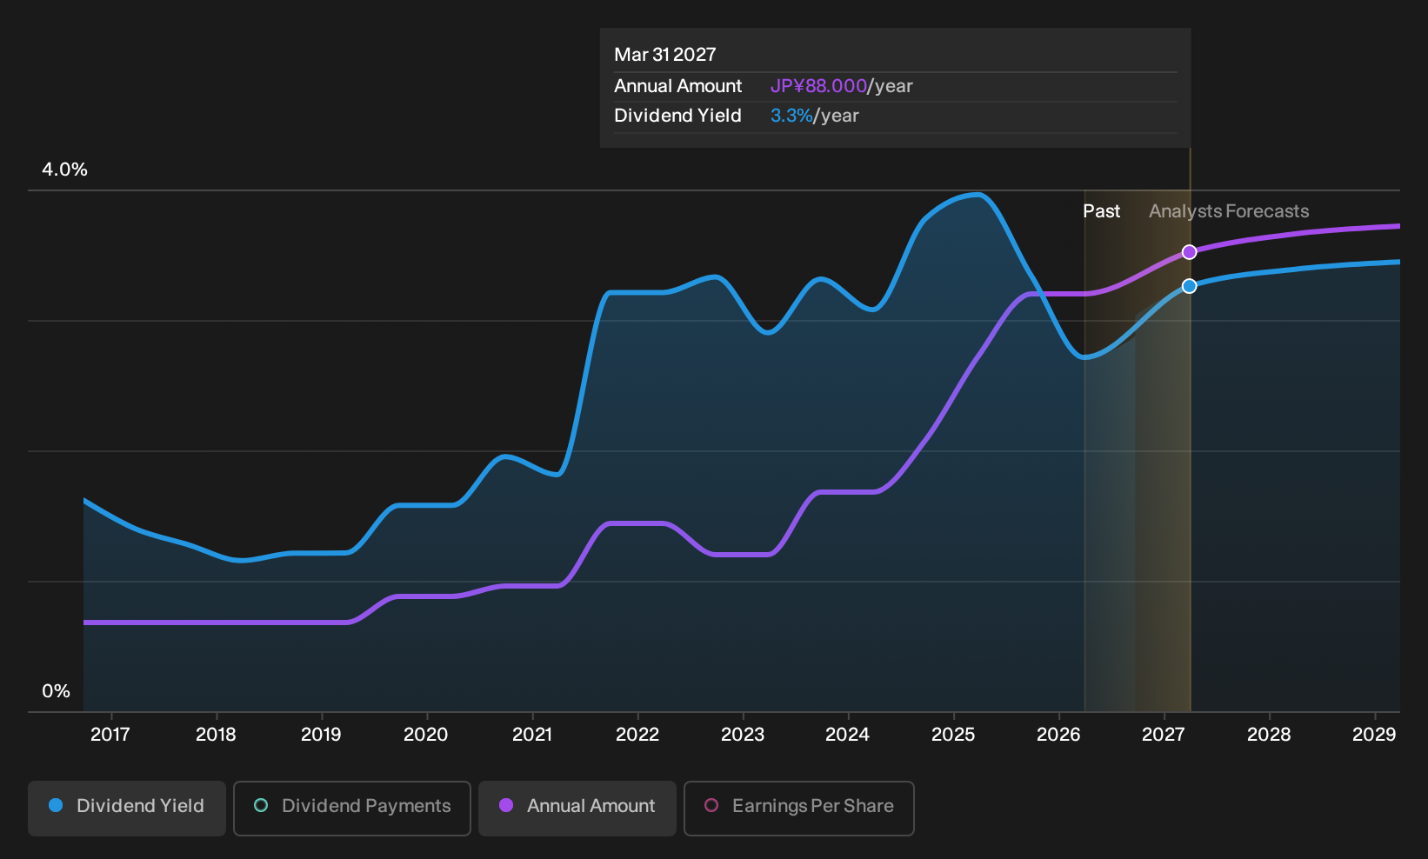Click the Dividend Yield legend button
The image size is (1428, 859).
click(x=127, y=808)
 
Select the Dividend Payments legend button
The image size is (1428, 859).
click(x=352, y=808)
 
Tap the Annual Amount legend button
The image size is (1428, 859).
click(x=577, y=808)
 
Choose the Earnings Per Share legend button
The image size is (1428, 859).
click(x=798, y=808)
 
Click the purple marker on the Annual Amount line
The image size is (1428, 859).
click(x=1189, y=252)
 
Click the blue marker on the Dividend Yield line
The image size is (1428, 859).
click(x=1189, y=286)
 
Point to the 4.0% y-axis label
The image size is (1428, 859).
click(x=64, y=170)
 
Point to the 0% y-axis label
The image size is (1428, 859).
click(x=57, y=691)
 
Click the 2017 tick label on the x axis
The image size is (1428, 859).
click(x=110, y=734)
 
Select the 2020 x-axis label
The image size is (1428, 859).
click(x=426, y=734)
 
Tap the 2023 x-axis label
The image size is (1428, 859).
click(x=743, y=734)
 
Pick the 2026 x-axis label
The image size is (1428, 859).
click(x=1058, y=734)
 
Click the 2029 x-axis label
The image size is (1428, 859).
click(x=1374, y=734)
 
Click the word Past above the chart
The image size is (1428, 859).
click(x=1102, y=211)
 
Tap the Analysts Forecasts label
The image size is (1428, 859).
click(x=1229, y=211)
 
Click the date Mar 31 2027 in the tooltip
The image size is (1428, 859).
click(x=665, y=55)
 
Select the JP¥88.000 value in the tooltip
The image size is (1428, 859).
click(x=818, y=86)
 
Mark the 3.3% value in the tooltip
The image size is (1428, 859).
click(x=791, y=116)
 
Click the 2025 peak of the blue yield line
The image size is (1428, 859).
click(x=977, y=195)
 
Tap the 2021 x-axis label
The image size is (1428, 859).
click(x=532, y=734)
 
